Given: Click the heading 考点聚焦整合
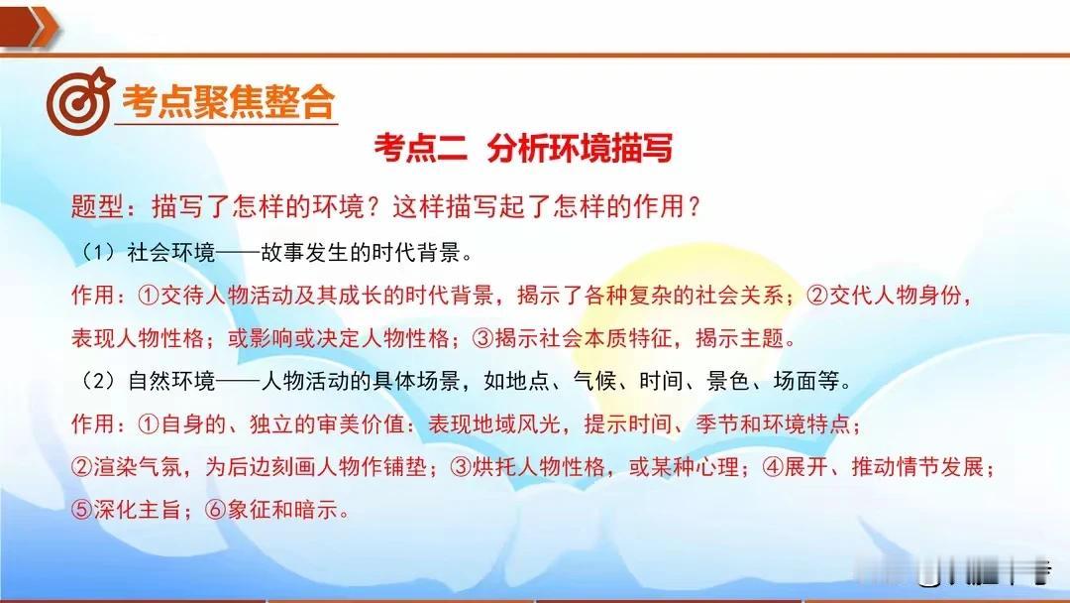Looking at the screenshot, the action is pos(228,102).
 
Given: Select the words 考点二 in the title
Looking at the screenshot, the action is pos(420,148).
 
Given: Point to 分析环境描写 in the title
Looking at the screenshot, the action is pos(580,148).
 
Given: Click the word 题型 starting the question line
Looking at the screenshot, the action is pos(97,206).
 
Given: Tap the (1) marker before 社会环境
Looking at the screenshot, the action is pos(100,253).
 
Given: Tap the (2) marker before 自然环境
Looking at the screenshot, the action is pos(100,381).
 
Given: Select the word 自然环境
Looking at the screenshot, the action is pos(171,381).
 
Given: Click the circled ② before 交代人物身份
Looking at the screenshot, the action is pos(816,295).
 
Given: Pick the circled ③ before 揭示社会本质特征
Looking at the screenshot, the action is pos(483,338).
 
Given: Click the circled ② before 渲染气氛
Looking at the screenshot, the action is pos(82,467).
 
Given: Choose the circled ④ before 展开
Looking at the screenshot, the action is pos(773,467).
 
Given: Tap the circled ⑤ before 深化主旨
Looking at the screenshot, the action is pos(82,510).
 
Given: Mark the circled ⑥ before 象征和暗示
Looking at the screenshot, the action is pos(216,510).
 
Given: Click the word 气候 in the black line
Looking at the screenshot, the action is pos(595,381).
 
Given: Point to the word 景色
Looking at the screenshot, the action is pos(729,381).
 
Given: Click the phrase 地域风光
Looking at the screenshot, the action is pos(494,424).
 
